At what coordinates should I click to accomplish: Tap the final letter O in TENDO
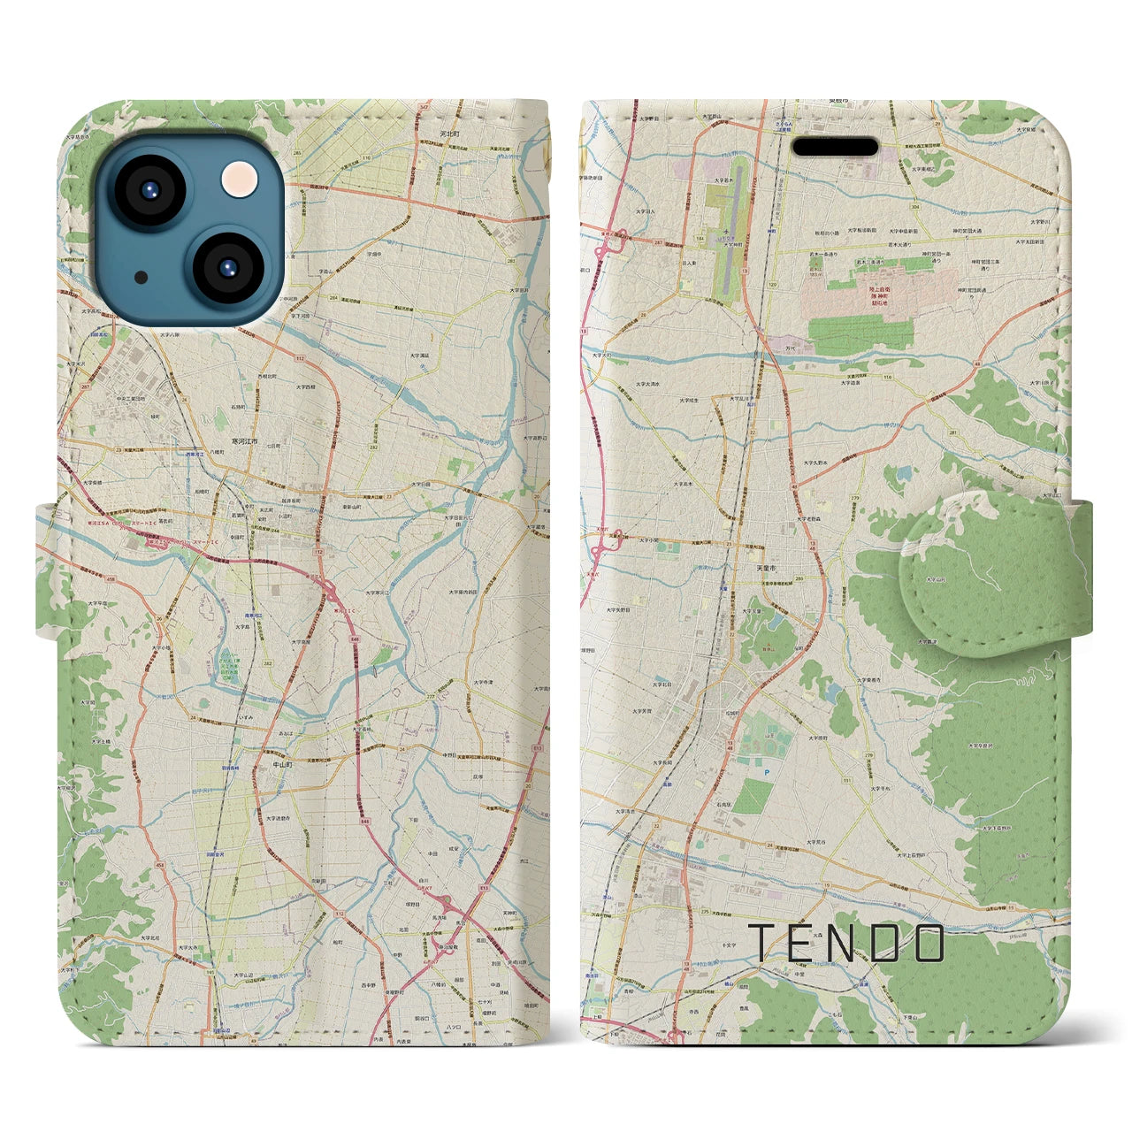click(929, 943)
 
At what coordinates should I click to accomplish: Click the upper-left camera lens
click(147, 189)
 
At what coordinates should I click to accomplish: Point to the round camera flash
click(239, 180)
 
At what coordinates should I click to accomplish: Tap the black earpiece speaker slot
click(834, 146)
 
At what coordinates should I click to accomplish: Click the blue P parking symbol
click(767, 772)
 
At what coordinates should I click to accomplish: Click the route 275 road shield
click(704, 910)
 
